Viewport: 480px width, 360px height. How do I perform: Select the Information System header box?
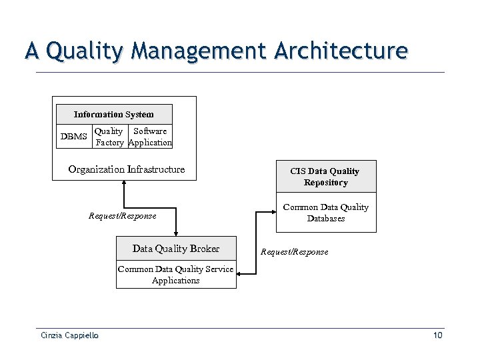coord(114,115)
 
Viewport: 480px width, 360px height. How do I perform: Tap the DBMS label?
coord(74,137)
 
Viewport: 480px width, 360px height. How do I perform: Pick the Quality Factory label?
coord(109,137)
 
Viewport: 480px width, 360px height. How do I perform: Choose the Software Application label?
coord(150,137)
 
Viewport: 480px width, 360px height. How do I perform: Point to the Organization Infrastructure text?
coord(127,169)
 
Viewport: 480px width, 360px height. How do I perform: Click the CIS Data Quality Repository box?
coord(326,177)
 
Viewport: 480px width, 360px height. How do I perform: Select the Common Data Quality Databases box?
coord(326,213)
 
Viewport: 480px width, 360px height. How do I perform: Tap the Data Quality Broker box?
coord(176,249)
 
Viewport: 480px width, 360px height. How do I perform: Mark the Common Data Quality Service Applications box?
coord(176,275)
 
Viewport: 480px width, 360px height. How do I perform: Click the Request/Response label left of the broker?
coord(123,216)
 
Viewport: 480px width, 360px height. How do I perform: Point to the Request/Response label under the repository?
coord(294,252)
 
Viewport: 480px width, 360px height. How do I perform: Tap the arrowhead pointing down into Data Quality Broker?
coord(175,233)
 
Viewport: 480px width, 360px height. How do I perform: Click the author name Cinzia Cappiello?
coord(68,335)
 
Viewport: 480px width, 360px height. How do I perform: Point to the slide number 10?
coord(437,335)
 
